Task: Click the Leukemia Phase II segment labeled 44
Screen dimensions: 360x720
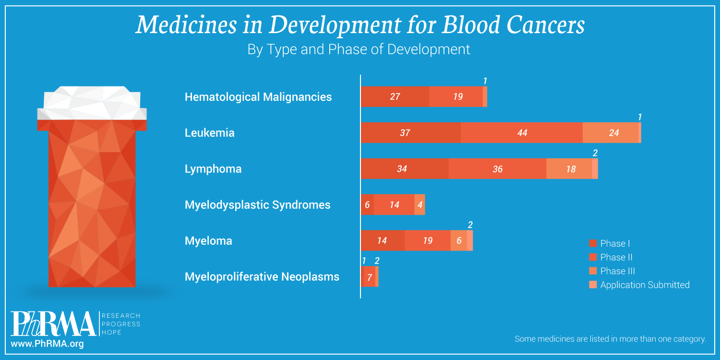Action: tap(522, 133)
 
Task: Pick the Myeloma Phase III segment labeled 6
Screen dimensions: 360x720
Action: tap(458, 240)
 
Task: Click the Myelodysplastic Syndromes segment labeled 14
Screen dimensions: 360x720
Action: tap(394, 205)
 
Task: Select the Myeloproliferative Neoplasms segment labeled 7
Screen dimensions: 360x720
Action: tap(369, 277)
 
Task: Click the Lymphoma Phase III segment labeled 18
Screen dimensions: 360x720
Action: tap(569, 169)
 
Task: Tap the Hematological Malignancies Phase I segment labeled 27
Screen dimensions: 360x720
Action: tap(395, 97)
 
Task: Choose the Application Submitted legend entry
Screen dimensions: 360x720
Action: tap(644, 285)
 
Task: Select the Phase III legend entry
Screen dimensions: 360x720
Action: tap(617, 271)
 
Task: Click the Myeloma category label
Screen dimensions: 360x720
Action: tap(208, 241)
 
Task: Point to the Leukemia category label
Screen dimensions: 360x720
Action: tap(209, 133)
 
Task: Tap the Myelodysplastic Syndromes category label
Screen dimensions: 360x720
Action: tap(257, 205)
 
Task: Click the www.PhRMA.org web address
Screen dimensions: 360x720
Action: tap(47, 344)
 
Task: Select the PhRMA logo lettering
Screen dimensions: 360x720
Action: tap(53, 324)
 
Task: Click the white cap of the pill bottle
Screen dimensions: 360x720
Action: tap(92, 103)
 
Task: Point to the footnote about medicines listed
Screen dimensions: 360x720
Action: tap(610, 339)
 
